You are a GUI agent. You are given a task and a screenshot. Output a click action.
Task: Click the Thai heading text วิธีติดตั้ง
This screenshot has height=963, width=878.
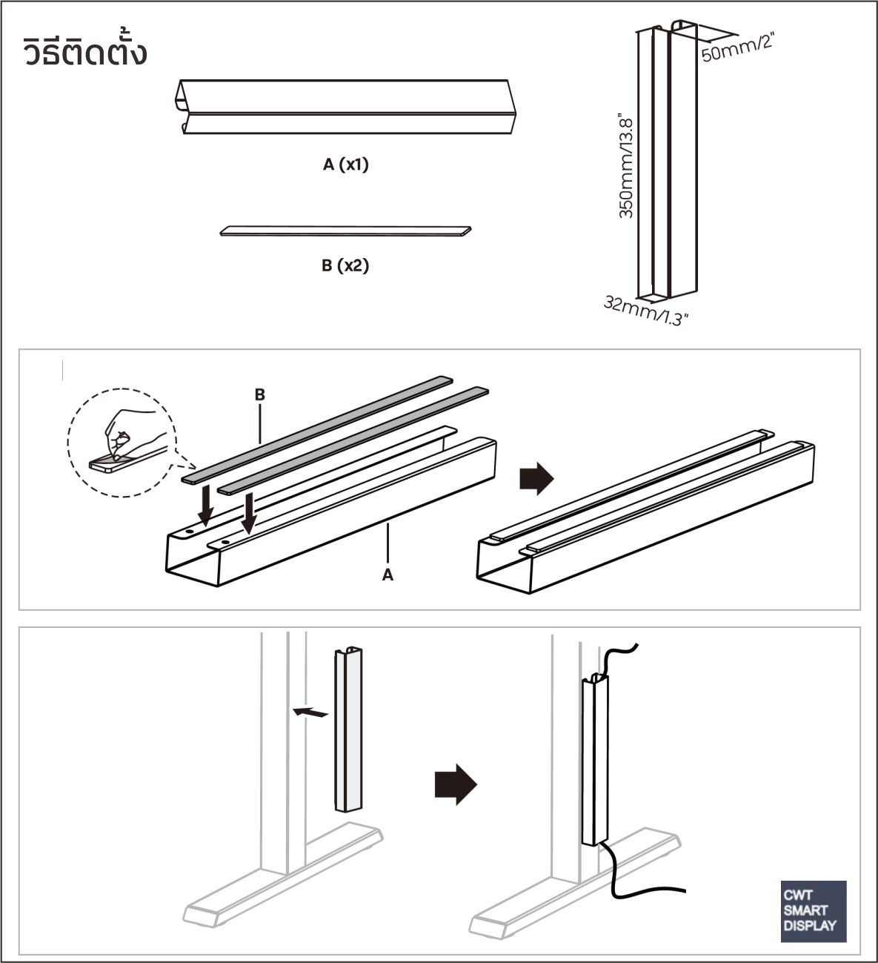[x=85, y=53]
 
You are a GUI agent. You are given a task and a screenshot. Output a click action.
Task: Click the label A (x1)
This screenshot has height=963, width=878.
[x=345, y=165]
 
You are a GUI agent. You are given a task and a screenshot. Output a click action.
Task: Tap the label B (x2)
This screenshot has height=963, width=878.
[x=345, y=265]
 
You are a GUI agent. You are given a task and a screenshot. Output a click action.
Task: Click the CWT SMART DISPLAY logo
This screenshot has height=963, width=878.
[x=813, y=911]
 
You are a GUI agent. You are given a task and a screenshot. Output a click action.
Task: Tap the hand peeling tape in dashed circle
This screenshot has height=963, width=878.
[x=119, y=444]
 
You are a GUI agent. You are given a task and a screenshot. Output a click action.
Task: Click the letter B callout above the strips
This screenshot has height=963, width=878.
[x=260, y=395]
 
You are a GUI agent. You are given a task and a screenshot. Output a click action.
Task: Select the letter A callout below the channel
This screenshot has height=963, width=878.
[x=387, y=574]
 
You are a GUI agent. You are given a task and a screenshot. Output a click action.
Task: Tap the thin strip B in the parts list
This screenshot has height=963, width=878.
[x=345, y=231]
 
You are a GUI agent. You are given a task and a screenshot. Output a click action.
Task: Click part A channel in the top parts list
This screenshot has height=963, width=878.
[x=345, y=107]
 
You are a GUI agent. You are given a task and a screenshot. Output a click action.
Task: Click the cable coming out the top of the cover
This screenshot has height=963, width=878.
[x=619, y=656]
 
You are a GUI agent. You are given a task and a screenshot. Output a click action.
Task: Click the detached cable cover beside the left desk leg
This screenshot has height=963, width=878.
[x=350, y=730]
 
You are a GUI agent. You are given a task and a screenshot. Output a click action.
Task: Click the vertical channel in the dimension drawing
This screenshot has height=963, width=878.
[x=666, y=163]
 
